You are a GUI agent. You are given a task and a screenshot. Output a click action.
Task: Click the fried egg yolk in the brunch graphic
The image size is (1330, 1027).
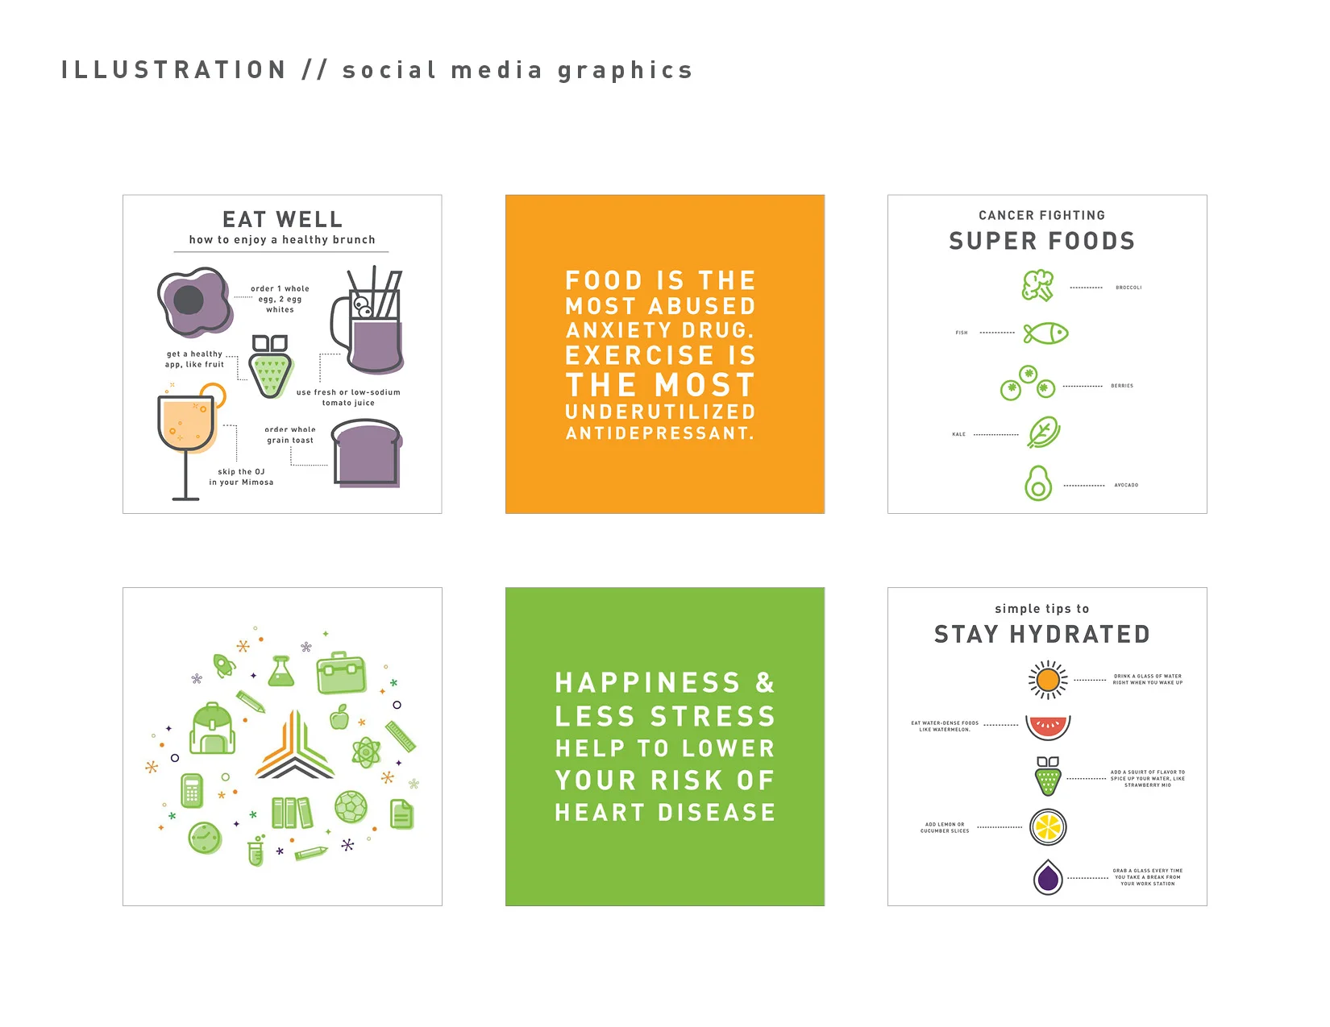189,300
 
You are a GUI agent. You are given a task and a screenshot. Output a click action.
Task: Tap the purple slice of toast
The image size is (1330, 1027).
367,455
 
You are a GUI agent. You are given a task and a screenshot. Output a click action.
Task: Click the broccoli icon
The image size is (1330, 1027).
1038,286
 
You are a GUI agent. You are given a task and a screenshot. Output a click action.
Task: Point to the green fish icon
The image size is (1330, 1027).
1045,333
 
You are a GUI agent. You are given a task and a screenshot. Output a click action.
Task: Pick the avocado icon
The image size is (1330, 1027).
1038,483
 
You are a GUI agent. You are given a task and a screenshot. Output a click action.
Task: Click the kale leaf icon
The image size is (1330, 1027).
1044,433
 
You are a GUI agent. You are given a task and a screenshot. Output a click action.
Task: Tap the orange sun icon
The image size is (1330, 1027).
1048,680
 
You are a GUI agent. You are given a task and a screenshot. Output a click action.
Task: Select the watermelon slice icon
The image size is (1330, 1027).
1048,727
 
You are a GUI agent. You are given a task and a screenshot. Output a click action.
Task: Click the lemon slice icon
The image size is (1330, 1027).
1048,826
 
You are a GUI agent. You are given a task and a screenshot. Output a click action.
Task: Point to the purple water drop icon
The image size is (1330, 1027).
1048,877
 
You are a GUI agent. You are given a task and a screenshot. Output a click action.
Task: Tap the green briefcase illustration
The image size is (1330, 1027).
342,673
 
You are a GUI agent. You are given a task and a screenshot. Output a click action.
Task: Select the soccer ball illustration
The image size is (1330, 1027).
351,806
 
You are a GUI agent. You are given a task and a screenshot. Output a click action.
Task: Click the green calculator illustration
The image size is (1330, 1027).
192,790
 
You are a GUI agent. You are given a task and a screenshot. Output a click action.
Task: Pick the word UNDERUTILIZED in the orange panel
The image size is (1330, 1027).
660,412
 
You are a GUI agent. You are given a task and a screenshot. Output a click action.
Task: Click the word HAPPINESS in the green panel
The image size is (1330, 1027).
647,683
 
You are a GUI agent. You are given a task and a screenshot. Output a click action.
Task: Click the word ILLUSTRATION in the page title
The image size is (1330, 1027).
174,70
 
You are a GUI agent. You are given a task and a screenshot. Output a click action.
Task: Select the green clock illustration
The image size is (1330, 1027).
205,839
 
